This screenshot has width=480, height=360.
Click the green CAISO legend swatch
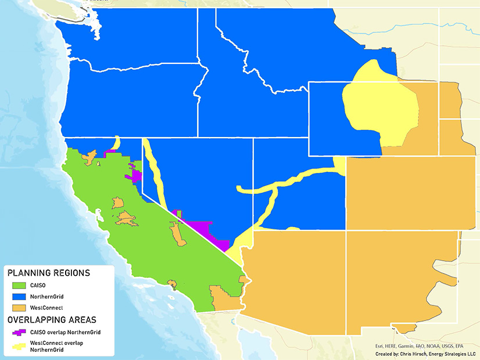pos(20,285)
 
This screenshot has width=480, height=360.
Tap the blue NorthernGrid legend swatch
pos(20,296)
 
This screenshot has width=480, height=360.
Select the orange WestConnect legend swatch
pos(20,307)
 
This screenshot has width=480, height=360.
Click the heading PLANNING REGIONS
pos(48,273)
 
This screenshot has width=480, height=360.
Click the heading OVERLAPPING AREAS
pos(52,319)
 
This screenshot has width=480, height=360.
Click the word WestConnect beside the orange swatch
pos(46,307)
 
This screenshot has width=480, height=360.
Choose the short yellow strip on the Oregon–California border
pos(116,143)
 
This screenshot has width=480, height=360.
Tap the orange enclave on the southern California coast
pos(171,284)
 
